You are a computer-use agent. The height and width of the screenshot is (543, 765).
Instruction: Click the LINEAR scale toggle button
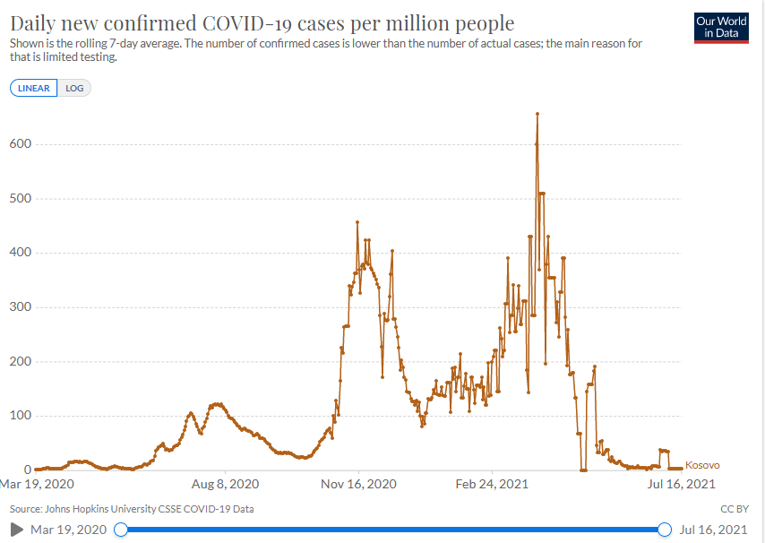[x=34, y=88]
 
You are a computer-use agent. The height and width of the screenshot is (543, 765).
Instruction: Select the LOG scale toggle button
[x=74, y=88]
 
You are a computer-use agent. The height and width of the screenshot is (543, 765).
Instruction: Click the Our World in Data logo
[x=721, y=27]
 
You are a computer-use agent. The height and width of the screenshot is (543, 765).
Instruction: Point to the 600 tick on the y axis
[x=21, y=144]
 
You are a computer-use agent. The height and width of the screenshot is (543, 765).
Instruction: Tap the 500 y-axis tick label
[x=21, y=198]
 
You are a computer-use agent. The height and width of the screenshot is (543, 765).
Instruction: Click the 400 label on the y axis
[x=21, y=253]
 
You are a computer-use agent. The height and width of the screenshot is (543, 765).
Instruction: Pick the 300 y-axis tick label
[x=21, y=307]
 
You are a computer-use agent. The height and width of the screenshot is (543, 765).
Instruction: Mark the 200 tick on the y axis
[x=21, y=362]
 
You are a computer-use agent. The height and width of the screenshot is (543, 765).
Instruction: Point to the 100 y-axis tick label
[x=21, y=416]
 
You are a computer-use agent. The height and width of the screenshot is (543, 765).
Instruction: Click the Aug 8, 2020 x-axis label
[x=226, y=485]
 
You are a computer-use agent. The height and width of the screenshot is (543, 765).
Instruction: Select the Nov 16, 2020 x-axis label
[x=359, y=485]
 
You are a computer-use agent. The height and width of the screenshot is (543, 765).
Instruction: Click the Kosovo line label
[x=702, y=465]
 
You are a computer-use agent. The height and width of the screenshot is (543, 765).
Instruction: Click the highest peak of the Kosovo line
[x=537, y=114]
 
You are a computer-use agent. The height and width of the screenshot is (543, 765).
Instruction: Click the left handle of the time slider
[x=121, y=530]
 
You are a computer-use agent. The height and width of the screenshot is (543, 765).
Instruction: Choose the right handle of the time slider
[x=665, y=530]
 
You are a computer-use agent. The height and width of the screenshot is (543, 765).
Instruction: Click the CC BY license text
[x=735, y=509]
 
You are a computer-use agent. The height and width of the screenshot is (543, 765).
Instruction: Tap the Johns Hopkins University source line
[x=131, y=509]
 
